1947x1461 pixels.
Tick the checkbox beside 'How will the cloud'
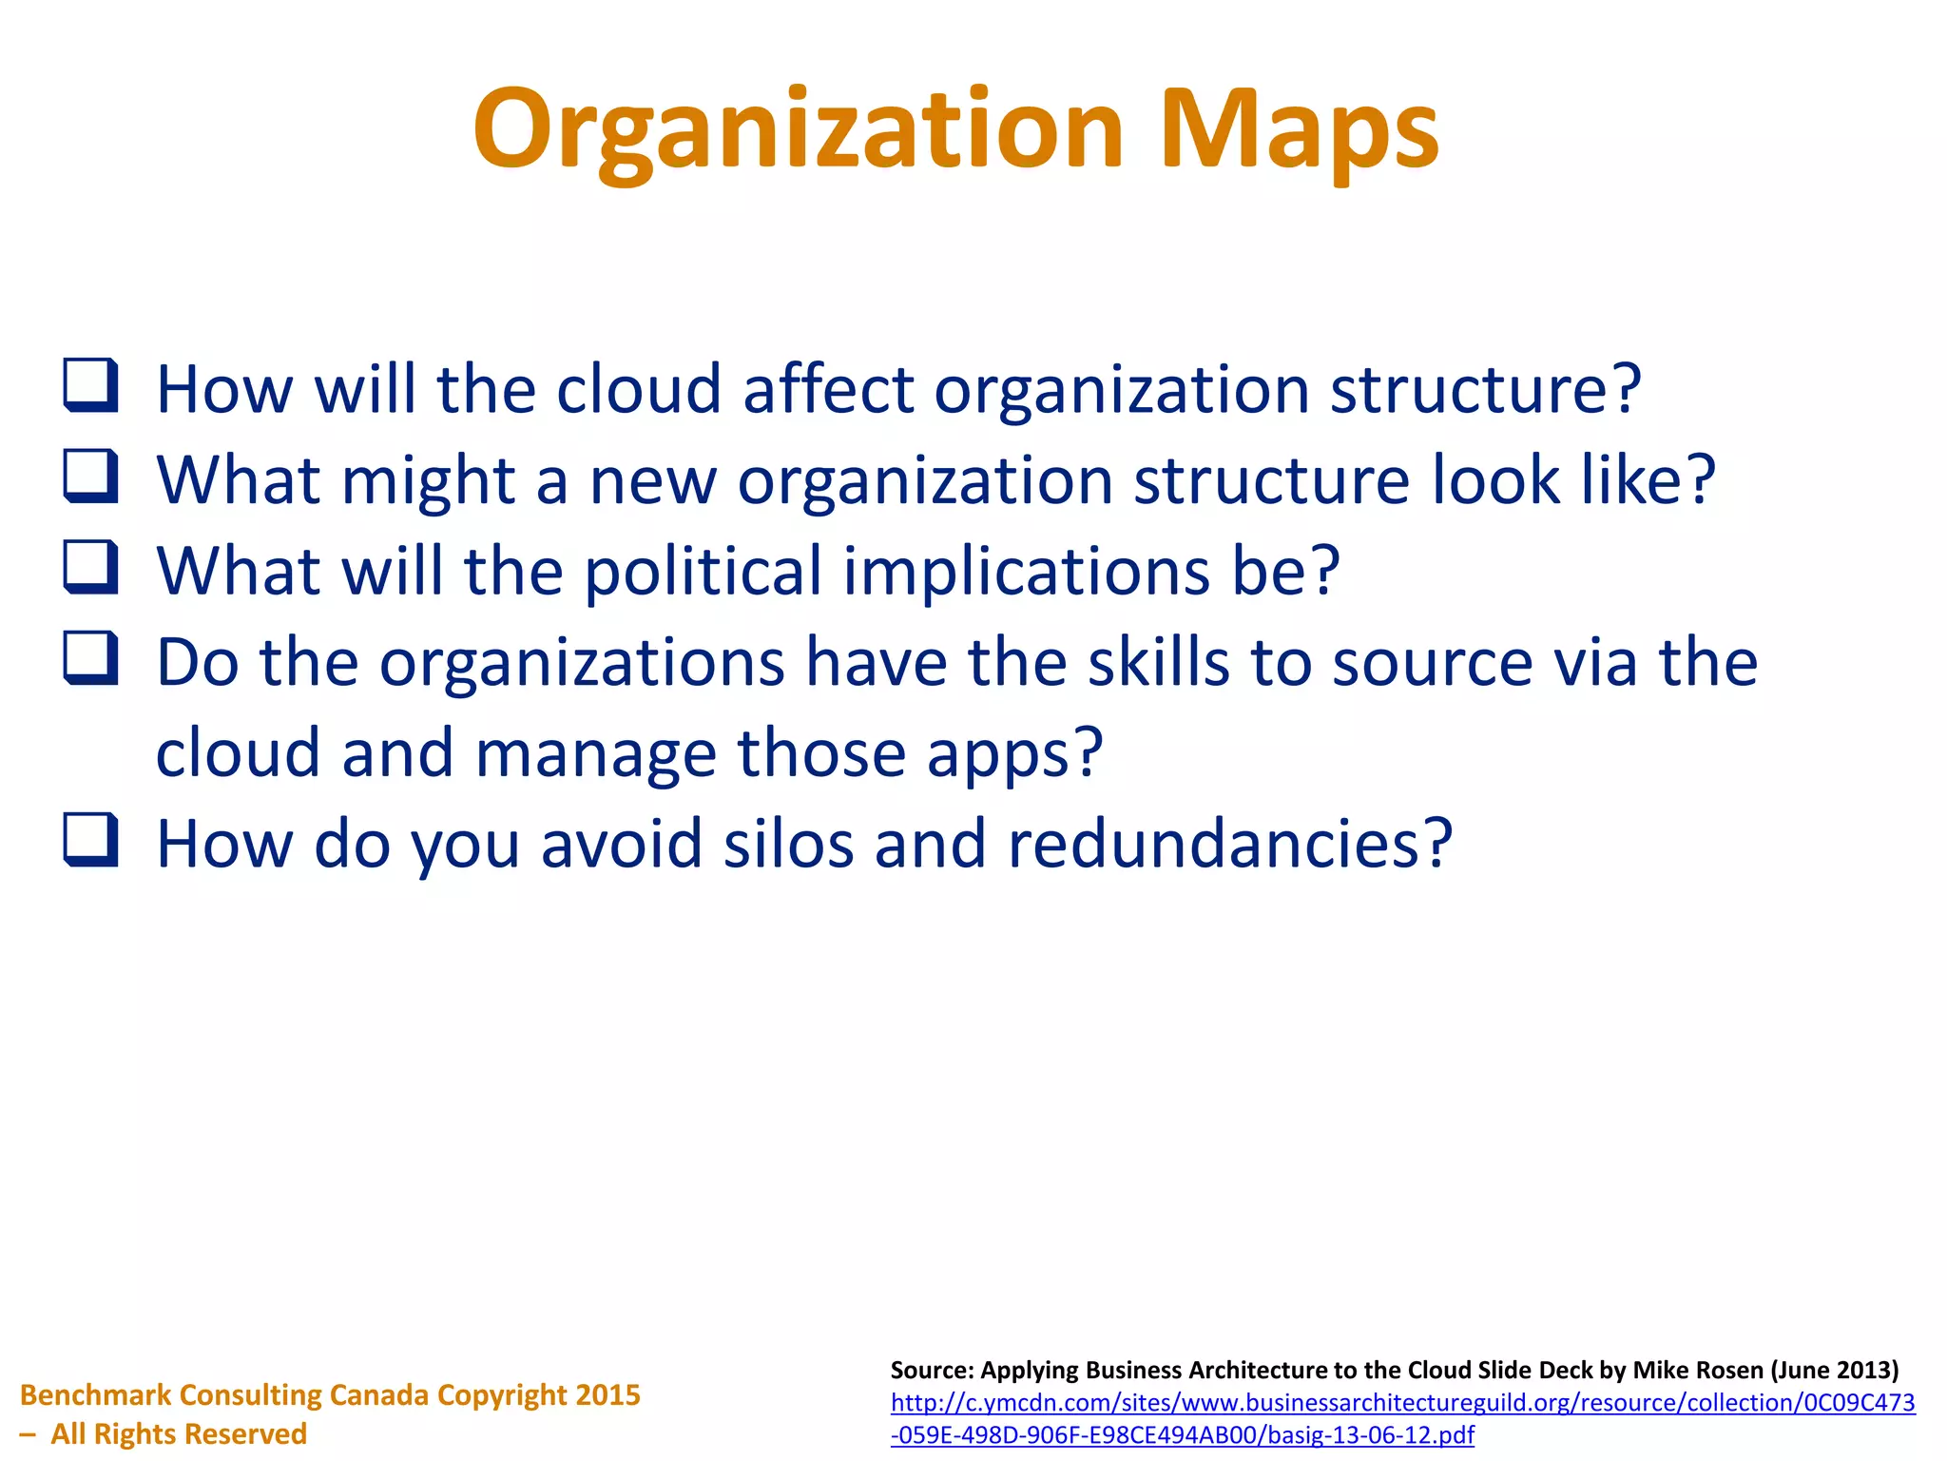tap(91, 385)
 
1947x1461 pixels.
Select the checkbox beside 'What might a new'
tap(91, 476)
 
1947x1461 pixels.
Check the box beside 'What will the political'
tap(91, 567)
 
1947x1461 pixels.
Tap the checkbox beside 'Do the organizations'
tap(91, 657)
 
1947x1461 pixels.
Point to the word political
tap(703, 571)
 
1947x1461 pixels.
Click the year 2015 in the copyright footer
tap(607, 1394)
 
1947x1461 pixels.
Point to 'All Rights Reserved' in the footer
tap(179, 1433)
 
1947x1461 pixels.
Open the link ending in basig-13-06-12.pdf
tap(1182, 1434)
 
